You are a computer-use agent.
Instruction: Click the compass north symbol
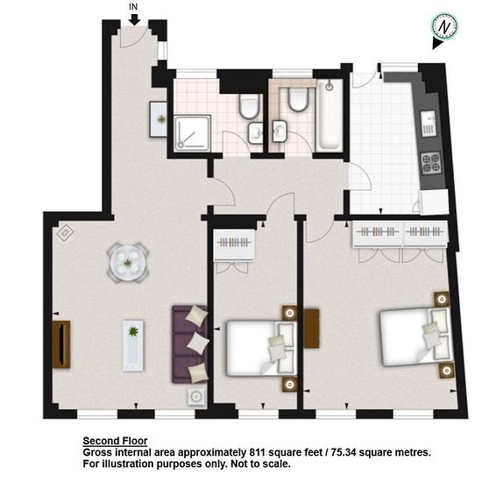pos(444,27)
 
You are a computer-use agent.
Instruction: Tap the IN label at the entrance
pos(133,7)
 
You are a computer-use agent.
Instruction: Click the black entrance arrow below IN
pos(134,19)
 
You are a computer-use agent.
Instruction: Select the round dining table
pos(128,263)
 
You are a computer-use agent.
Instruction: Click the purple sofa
pos(189,344)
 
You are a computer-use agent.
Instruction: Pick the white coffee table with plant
pos(133,345)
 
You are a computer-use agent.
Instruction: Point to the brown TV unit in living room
pos(61,344)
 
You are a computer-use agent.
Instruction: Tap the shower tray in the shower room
pos(193,133)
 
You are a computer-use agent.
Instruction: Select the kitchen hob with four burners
pos(430,163)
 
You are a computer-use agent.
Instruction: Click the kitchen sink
pos(429,124)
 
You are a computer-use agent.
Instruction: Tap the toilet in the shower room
pos(250,106)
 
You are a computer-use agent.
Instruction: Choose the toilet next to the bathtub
pos(298,99)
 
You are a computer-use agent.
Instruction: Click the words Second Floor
pos(116,441)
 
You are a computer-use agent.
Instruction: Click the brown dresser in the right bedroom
pos(312,329)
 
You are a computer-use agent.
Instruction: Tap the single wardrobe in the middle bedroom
pos(234,245)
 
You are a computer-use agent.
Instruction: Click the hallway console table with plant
pos(159,119)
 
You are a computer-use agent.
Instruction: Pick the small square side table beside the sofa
pos(196,397)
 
